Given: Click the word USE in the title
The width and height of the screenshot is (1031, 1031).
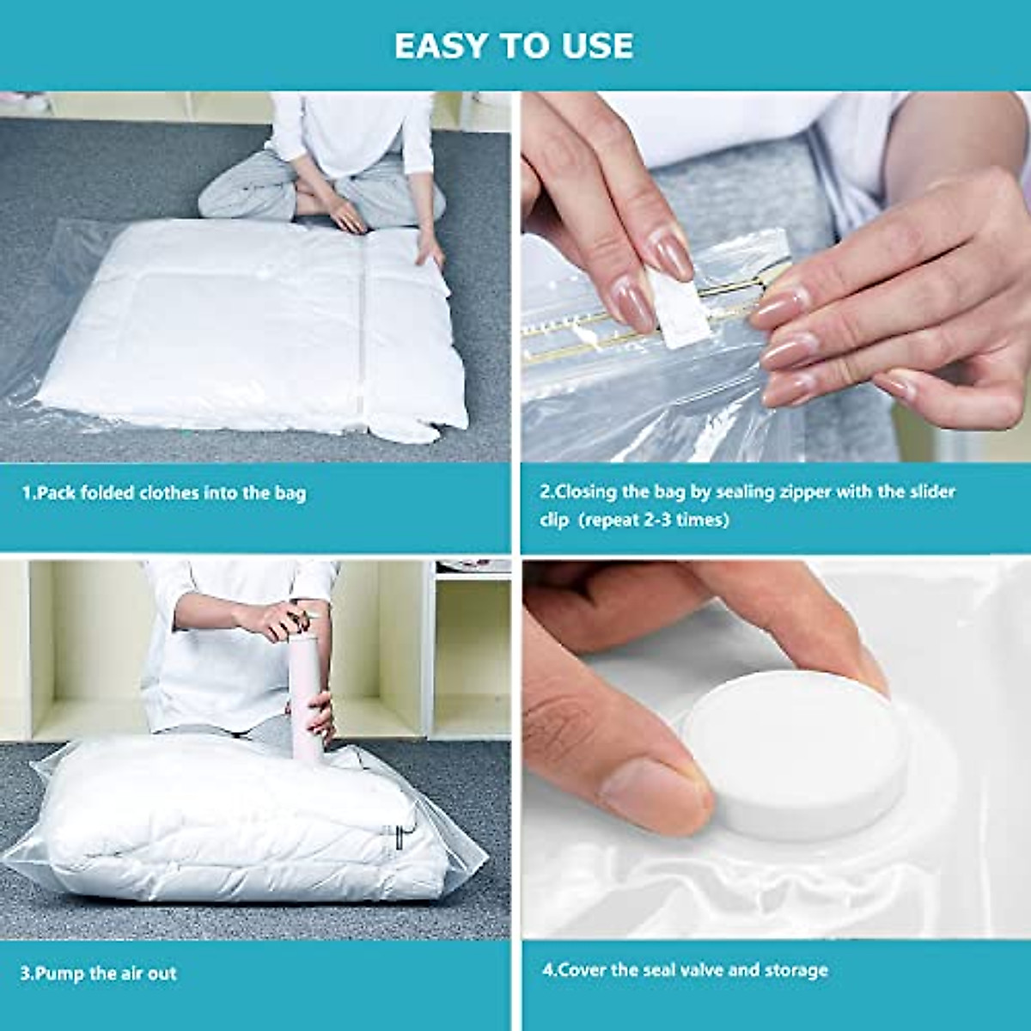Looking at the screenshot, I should tap(599, 46).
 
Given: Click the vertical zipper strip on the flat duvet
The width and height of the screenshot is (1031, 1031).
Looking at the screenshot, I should tap(364, 326).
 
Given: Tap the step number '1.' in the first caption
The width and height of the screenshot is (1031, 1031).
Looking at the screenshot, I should tap(28, 493).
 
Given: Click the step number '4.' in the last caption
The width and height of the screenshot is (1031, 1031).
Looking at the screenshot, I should tap(549, 970).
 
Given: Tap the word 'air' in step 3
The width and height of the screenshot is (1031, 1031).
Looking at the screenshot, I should tap(135, 973).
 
